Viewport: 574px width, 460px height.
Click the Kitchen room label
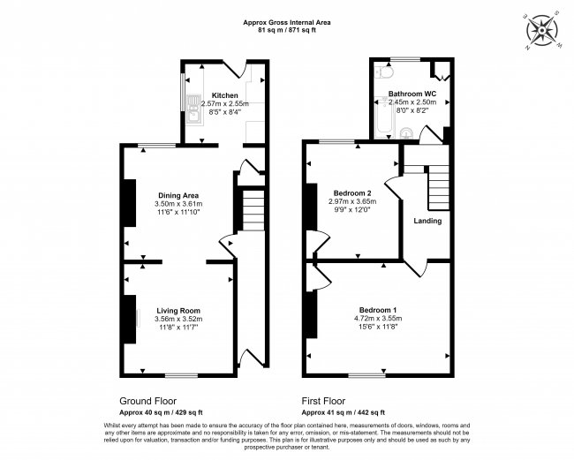(x=225, y=95)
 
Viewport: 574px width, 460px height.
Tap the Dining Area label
(x=178, y=195)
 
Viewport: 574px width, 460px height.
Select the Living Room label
(x=178, y=311)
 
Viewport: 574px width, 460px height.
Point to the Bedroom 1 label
(x=378, y=310)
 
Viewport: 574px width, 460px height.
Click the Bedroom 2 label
(x=352, y=193)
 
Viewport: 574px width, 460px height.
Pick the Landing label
(x=427, y=221)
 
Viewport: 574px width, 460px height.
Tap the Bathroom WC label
(x=412, y=94)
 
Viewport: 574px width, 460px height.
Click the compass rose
(x=542, y=30)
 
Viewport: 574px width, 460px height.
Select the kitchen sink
(x=194, y=109)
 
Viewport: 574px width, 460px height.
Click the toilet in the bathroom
(x=384, y=72)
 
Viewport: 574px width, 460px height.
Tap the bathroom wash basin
(x=406, y=133)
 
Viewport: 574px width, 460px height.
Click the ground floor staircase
(x=253, y=209)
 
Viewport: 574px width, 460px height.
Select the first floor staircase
(x=439, y=187)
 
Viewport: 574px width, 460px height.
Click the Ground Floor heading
(x=147, y=401)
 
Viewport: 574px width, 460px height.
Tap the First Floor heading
(x=323, y=401)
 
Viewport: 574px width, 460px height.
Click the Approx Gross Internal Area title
(x=287, y=23)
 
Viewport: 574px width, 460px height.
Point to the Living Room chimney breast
(x=130, y=319)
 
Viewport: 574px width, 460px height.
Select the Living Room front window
(x=181, y=375)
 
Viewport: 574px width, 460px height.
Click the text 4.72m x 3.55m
(x=378, y=319)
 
